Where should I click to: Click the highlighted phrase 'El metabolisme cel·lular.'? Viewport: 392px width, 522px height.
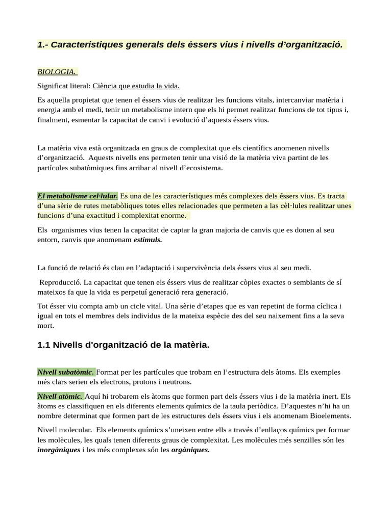[x=78, y=196]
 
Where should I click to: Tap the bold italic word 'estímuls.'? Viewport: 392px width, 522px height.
[x=148, y=240]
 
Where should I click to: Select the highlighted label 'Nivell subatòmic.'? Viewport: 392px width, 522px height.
[x=65, y=372]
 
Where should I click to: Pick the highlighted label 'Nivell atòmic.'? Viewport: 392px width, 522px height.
[x=60, y=396]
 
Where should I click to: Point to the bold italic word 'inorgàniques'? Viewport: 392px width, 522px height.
[x=59, y=450]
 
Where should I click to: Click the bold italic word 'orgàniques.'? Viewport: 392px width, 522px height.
[x=190, y=450]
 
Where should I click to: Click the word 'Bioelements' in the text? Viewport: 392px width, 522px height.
[x=329, y=416]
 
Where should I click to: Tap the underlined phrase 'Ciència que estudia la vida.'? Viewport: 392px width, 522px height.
[x=136, y=86]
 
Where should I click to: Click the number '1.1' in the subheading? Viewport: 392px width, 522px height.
[x=44, y=345]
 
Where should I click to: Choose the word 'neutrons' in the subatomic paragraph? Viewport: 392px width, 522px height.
[x=176, y=382]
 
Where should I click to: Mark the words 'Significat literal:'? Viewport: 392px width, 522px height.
[x=64, y=86]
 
